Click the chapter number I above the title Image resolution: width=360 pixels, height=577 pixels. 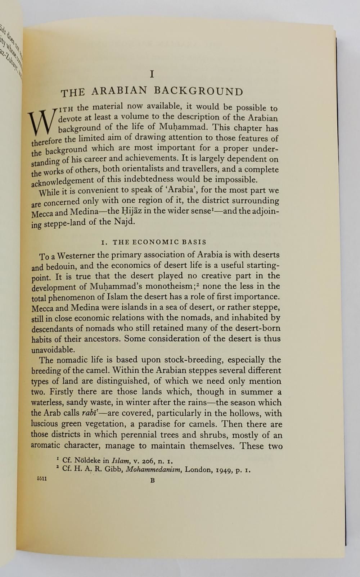pos(152,74)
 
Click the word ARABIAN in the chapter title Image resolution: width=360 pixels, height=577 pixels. pos(120,91)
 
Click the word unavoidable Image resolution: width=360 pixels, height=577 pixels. pos(53,350)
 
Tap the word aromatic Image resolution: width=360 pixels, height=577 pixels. pos(45,445)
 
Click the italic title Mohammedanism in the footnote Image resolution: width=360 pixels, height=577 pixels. pos(153,469)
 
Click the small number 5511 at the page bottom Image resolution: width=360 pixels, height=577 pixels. pos(42,479)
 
